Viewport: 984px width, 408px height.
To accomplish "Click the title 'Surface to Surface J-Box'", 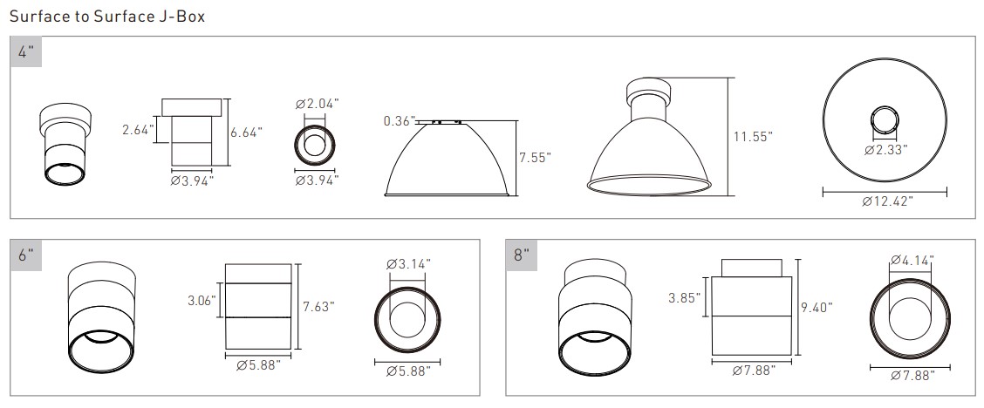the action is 106,17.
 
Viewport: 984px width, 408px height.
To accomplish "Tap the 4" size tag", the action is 25,52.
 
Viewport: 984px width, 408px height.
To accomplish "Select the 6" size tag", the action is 25,255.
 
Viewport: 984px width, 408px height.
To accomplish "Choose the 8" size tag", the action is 522,255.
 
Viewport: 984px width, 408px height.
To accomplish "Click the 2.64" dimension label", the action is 138,130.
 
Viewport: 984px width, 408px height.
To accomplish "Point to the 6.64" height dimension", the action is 247,132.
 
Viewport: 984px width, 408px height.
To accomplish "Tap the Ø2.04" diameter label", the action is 317,104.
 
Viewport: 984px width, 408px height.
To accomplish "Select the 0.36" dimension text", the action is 400,121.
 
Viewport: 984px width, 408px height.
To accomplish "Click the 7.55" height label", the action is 536,157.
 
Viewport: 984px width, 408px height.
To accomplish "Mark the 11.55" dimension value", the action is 753,136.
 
